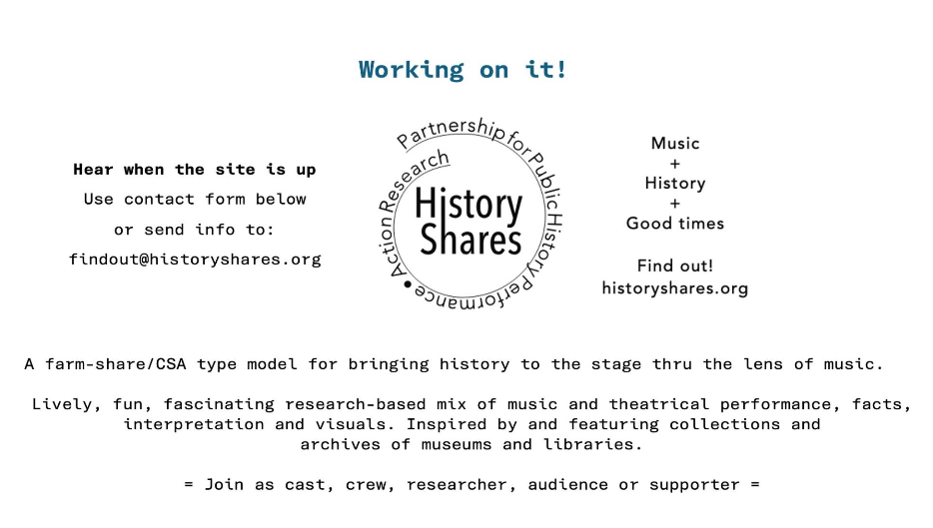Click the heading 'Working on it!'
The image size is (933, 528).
[x=463, y=70]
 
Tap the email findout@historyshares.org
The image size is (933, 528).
[x=195, y=260]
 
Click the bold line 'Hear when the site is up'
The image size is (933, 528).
[x=195, y=170]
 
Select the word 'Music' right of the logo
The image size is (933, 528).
[x=674, y=144]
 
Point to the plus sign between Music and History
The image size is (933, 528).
[x=674, y=164]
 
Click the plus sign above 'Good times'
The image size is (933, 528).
[x=674, y=204]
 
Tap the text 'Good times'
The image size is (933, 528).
[x=674, y=223]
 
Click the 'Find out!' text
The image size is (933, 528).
[x=674, y=265]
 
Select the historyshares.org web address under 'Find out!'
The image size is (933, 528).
[x=674, y=288]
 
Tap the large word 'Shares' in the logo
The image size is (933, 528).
[x=470, y=240]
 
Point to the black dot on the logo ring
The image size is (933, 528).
[x=408, y=284]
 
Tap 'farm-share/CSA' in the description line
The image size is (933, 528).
[x=116, y=364]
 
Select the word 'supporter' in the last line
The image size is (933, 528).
[x=694, y=485]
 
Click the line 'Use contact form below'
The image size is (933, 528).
[x=195, y=200]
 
